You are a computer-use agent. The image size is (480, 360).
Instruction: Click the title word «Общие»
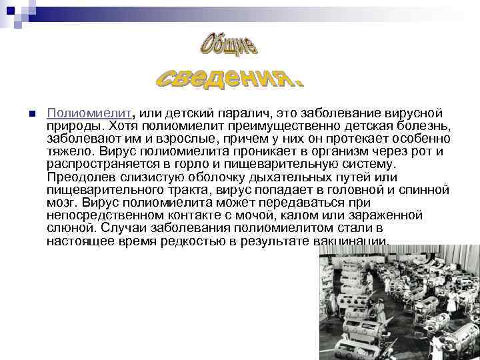tap(229, 45)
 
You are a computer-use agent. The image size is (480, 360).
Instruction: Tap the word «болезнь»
tap(424, 126)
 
